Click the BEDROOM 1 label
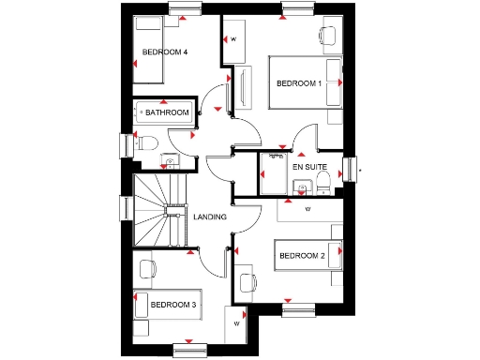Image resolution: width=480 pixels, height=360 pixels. tap(298, 83)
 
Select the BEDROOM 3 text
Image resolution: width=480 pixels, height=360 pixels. tap(173, 305)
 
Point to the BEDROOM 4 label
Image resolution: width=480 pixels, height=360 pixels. tap(165, 52)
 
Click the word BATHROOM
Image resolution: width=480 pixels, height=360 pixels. tap(167, 112)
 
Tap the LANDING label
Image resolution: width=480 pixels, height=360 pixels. tap(210, 217)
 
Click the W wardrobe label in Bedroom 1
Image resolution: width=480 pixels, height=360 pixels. tap(232, 39)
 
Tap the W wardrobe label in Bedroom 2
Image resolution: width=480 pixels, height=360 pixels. tap(307, 210)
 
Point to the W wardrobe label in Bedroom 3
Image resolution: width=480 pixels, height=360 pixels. tap(236, 323)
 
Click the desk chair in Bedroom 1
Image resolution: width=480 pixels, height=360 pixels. tap(326, 37)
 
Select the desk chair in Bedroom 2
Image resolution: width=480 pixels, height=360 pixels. tap(248, 280)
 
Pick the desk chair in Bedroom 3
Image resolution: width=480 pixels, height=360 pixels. tap(146, 269)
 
